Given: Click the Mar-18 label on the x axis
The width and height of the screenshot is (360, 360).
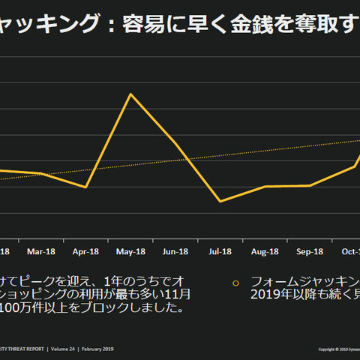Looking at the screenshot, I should click(40, 251).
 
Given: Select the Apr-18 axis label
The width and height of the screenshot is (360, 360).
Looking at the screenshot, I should click(85, 251).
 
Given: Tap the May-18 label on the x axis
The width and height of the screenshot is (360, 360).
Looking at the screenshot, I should click(130, 251).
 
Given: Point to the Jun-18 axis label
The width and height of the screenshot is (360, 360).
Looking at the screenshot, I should click(175, 251).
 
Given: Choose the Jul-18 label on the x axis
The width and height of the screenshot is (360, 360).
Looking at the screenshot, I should click(220, 251).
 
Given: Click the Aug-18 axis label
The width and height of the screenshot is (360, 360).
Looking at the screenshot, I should click(265, 251).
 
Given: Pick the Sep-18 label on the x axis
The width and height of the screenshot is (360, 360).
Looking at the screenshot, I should click(310, 251).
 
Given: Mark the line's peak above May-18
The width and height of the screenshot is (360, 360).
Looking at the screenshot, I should click(131, 94).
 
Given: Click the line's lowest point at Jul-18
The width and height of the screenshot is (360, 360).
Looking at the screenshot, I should click(220, 201).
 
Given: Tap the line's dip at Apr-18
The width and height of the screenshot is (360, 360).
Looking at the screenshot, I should click(85, 187).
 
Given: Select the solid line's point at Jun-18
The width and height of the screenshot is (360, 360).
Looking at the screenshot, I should click(175, 143).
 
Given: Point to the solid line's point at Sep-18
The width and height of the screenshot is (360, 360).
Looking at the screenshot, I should click(310, 185).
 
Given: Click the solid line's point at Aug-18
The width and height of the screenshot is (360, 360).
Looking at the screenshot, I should click(265, 186).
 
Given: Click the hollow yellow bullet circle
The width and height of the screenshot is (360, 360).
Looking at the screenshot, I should click(235, 283).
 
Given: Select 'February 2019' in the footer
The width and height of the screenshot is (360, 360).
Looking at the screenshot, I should click(99, 349).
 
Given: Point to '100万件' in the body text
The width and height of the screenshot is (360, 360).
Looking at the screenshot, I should click(22, 307).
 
